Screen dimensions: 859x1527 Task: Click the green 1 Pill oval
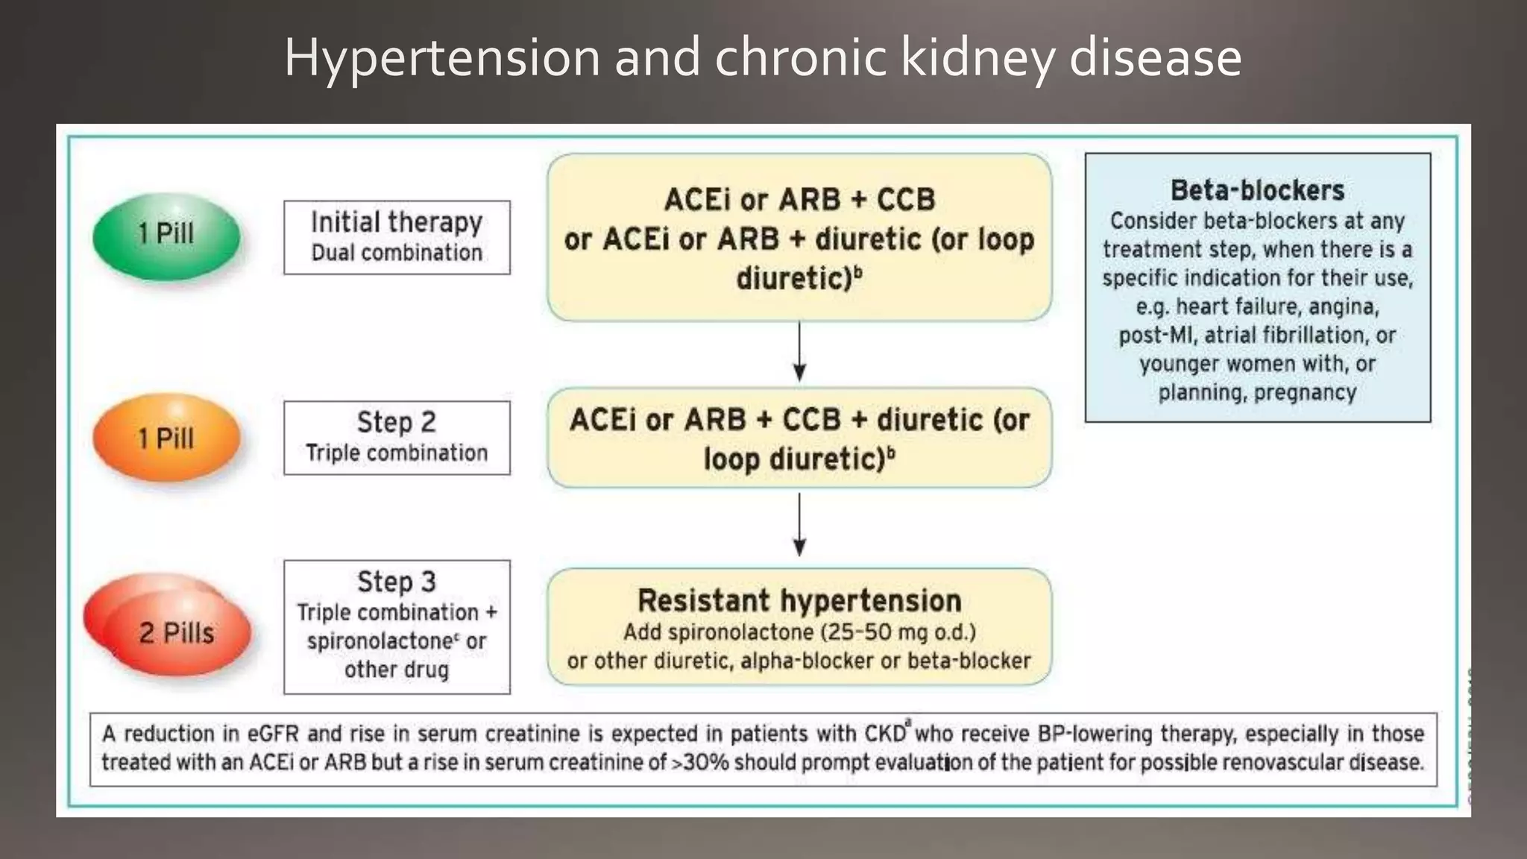point(166,236)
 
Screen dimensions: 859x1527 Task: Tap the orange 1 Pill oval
point(166,438)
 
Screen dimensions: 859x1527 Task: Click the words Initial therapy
point(397,222)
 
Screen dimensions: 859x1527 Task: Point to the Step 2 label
point(397,422)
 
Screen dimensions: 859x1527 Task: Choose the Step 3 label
point(397,582)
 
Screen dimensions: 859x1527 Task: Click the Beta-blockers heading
point(1257,190)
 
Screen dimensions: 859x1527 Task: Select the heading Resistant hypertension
point(799,600)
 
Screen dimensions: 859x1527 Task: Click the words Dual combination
point(397,253)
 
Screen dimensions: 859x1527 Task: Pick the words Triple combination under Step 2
point(397,453)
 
